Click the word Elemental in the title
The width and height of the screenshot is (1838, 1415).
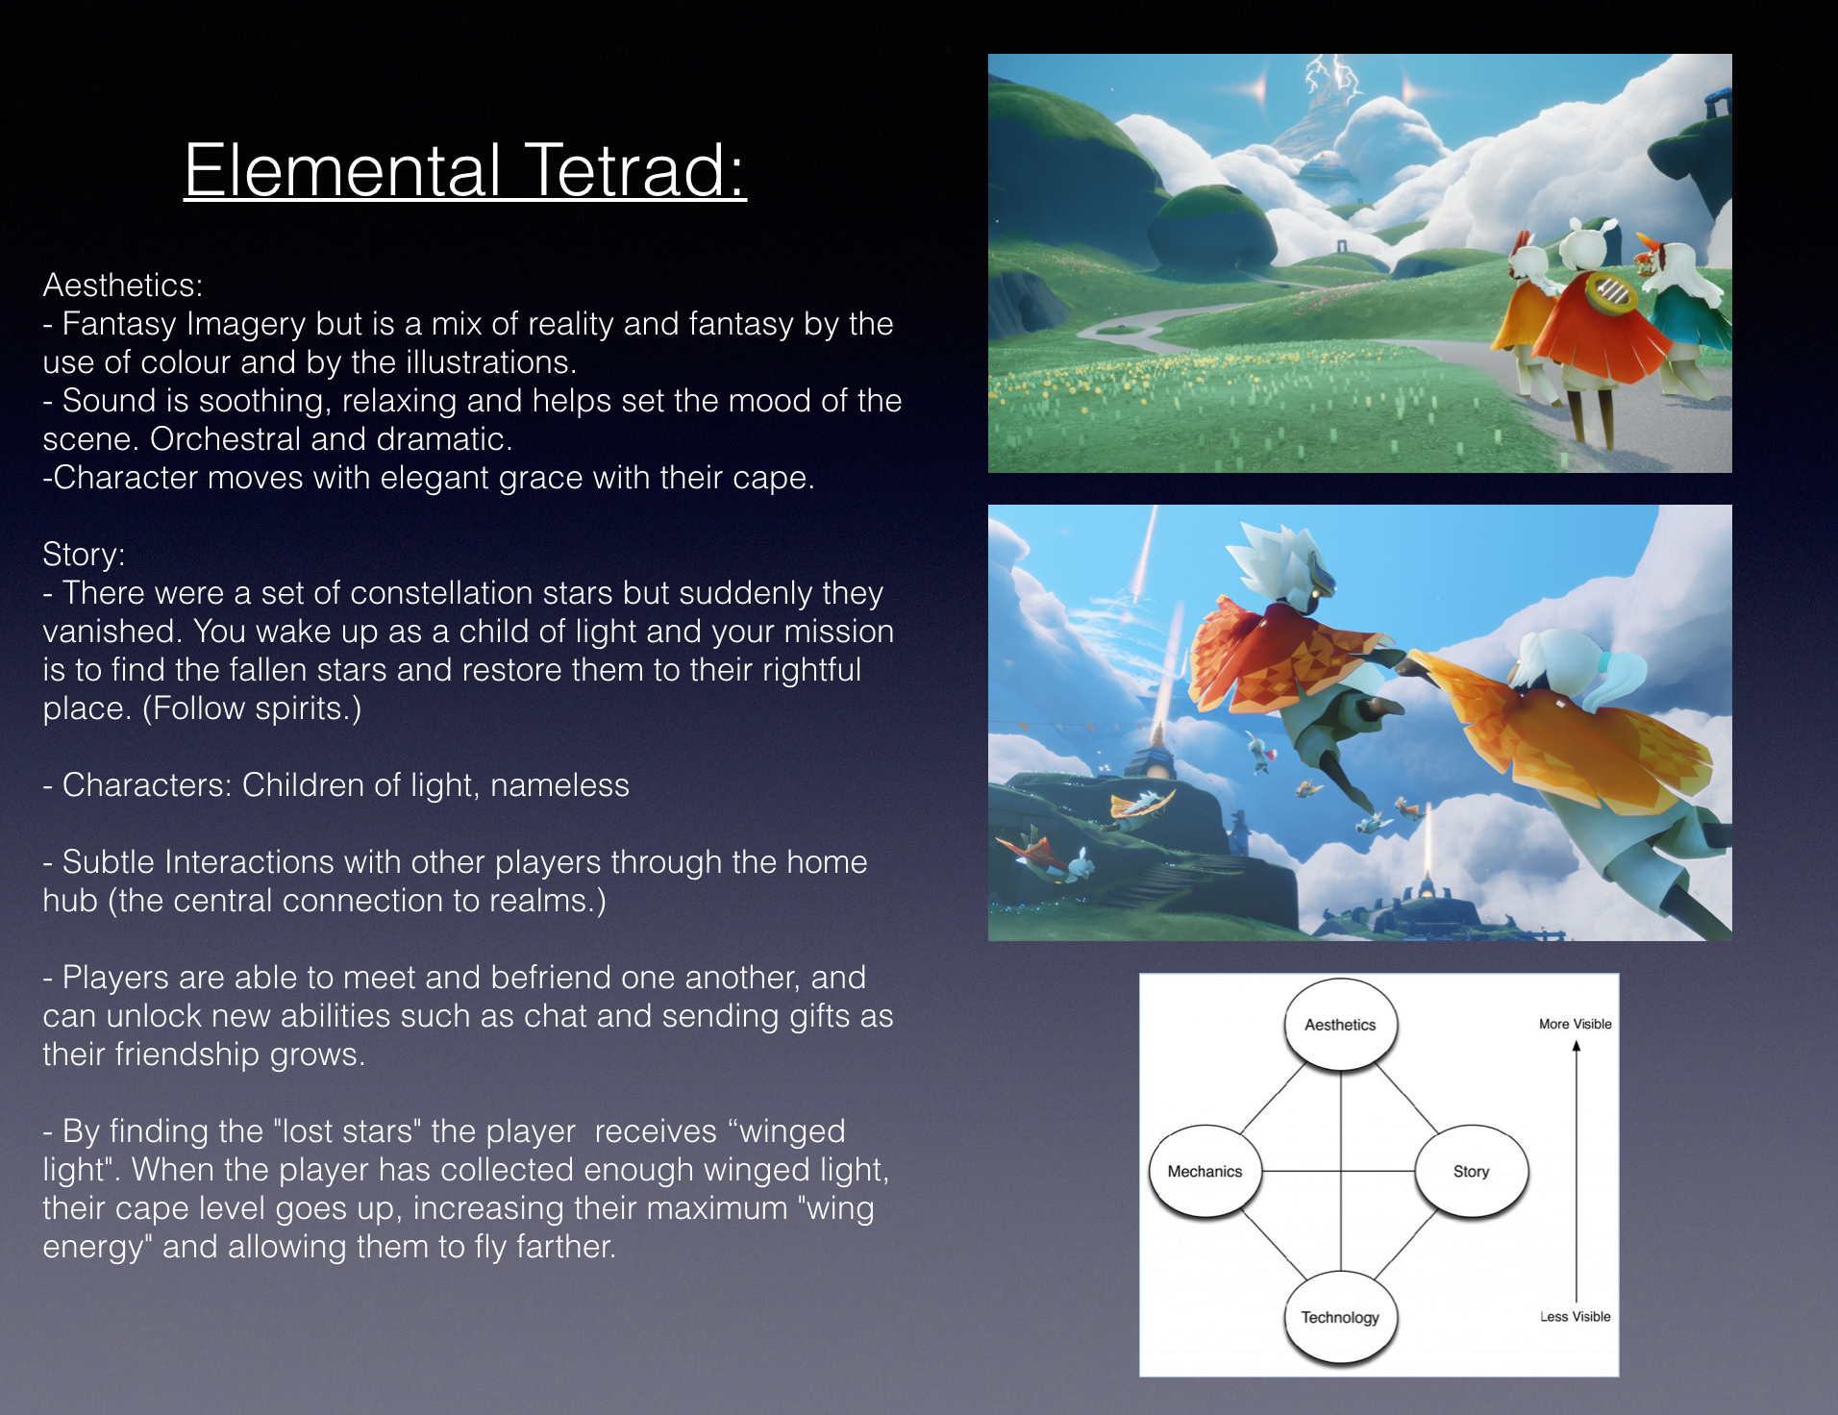pyautogui.click(x=343, y=170)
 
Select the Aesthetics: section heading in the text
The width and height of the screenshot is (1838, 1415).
pyautogui.click(x=123, y=285)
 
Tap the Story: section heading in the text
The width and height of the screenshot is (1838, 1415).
pyautogui.click(x=84, y=555)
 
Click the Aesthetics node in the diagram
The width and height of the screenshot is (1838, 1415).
pyautogui.click(x=1340, y=1025)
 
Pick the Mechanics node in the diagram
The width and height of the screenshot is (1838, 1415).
pyautogui.click(x=1205, y=1171)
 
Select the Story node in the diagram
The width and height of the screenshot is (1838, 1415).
pyautogui.click(x=1471, y=1171)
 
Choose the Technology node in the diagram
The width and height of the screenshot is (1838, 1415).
pyautogui.click(x=1340, y=1317)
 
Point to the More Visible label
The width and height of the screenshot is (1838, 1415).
pyautogui.click(x=1576, y=1024)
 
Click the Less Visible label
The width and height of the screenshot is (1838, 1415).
pyautogui.click(x=1576, y=1316)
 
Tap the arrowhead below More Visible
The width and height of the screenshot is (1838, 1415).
pyautogui.click(x=1577, y=1046)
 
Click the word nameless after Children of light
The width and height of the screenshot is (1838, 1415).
pyautogui.click(x=559, y=785)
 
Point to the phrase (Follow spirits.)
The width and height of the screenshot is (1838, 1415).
pyautogui.click(x=252, y=708)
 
